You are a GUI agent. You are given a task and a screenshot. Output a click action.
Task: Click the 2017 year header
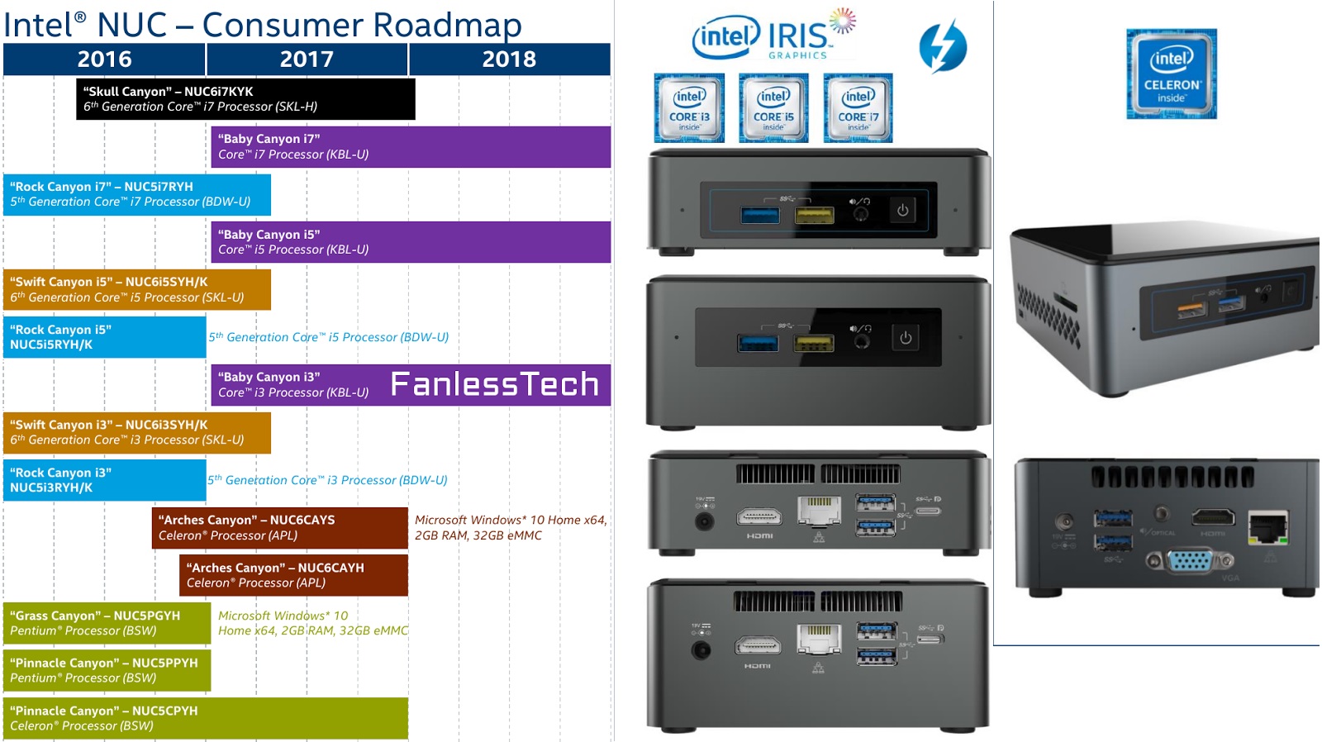tap(307, 59)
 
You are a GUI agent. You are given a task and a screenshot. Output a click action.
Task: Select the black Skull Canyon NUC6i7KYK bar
tap(245, 99)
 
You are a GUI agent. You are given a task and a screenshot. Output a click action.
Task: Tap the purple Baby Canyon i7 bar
tap(411, 147)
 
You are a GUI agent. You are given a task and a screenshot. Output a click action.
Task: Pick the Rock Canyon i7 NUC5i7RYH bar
tap(137, 194)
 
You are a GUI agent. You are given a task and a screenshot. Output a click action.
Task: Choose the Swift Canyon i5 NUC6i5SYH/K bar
tap(137, 289)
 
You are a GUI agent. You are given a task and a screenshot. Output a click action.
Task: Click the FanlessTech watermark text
tap(494, 384)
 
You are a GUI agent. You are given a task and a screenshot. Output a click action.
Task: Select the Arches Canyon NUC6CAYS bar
tap(280, 528)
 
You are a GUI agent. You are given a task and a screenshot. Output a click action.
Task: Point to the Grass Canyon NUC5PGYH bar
tap(107, 623)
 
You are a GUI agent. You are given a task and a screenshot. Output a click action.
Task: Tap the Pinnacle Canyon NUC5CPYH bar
tap(205, 718)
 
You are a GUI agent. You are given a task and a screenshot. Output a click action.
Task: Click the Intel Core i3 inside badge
tap(689, 108)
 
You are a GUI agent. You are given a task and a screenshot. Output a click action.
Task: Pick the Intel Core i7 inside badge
tap(858, 108)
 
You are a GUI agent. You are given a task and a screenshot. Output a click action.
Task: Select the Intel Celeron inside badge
tap(1171, 74)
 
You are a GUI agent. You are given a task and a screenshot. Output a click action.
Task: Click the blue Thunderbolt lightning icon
tap(943, 46)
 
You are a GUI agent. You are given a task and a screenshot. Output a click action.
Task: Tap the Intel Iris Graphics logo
tap(773, 36)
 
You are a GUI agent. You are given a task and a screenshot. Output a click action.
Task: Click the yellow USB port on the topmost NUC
tap(814, 216)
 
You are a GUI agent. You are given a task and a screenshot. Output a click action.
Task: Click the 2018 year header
tap(509, 59)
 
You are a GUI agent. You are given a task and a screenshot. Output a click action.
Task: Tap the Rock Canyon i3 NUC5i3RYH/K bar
tap(104, 480)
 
